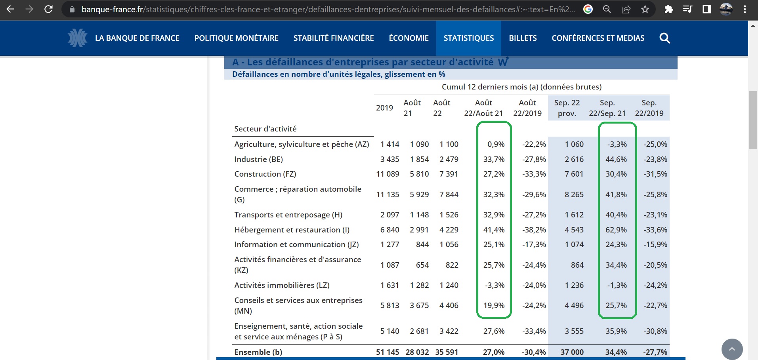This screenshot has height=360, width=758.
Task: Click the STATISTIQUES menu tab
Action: click(x=468, y=38)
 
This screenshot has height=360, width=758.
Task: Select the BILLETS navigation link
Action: click(x=523, y=38)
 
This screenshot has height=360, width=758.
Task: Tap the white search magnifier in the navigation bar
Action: click(x=664, y=38)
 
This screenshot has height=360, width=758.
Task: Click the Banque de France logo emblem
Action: click(x=77, y=38)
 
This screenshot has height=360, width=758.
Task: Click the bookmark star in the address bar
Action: click(x=645, y=9)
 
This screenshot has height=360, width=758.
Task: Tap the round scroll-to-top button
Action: click(x=732, y=349)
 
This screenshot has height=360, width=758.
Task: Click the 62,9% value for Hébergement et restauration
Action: click(x=616, y=230)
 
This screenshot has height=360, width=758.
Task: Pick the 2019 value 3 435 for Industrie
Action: click(x=390, y=159)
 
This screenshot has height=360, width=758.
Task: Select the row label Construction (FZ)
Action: click(x=265, y=174)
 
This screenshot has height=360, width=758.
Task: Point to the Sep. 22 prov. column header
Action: click(x=567, y=108)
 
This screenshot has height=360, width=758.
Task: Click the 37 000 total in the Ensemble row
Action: click(x=572, y=352)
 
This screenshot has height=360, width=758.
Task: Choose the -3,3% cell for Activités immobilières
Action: click(x=495, y=285)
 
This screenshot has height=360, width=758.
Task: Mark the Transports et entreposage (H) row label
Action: click(x=288, y=215)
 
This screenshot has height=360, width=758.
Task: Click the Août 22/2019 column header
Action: click(x=527, y=108)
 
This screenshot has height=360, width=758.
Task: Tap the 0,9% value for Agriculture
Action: click(x=496, y=144)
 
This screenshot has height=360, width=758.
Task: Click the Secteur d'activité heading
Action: click(x=265, y=129)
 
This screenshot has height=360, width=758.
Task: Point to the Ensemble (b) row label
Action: click(x=258, y=352)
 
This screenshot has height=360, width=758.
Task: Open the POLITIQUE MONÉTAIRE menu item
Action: click(x=236, y=38)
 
